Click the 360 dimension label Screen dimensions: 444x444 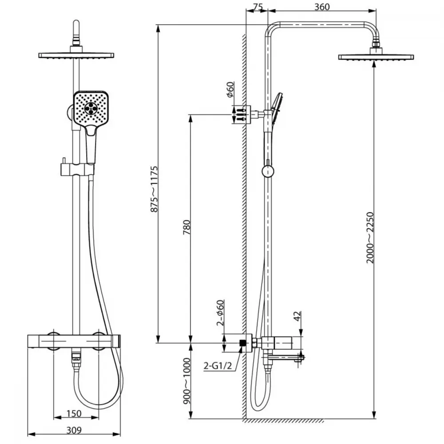click(x=322, y=7)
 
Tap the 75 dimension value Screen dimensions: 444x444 click(x=258, y=7)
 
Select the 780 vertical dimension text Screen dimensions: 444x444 click(x=187, y=227)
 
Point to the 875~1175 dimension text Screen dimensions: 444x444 click(x=154, y=189)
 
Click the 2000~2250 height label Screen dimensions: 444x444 click(x=370, y=237)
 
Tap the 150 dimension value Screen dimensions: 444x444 click(x=74, y=413)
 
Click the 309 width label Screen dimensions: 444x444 click(x=74, y=430)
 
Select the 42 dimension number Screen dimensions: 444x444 click(x=297, y=316)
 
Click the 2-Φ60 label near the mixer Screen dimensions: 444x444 click(x=220, y=313)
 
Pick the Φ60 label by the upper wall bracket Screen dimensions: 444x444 click(x=230, y=89)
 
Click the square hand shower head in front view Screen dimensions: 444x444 click(x=91, y=108)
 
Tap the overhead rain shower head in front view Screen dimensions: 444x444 click(x=76, y=55)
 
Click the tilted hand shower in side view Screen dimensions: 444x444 click(x=276, y=108)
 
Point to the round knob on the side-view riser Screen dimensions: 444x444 click(x=268, y=171)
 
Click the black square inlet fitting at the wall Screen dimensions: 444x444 click(x=242, y=343)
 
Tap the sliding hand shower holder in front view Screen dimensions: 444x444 click(x=77, y=169)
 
